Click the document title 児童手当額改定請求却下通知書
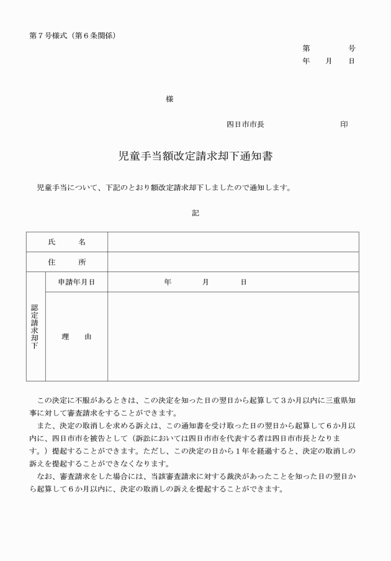point(195,157)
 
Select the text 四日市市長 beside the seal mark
point(245,124)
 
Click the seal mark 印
point(344,124)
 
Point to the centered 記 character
point(195,213)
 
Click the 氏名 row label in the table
point(67,242)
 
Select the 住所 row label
point(67,262)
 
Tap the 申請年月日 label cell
point(76,282)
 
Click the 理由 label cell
point(76,337)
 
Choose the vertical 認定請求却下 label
point(35,326)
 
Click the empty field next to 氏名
point(233,242)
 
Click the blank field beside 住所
point(233,262)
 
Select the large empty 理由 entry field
point(233,337)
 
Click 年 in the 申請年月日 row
point(168,282)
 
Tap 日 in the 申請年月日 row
point(243,282)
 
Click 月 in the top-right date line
point(329,61)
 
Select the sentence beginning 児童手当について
point(164,187)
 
